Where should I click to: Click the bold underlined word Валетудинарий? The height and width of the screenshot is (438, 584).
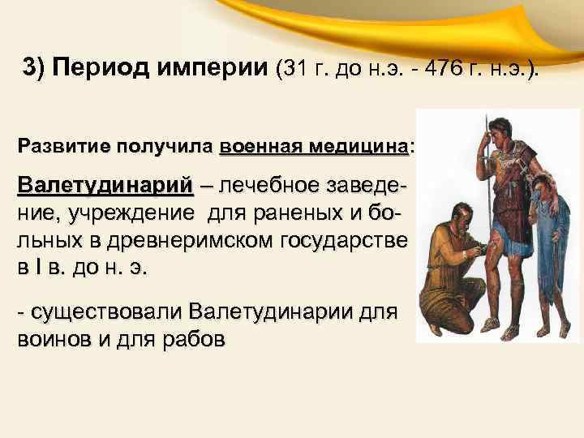(x=105, y=184)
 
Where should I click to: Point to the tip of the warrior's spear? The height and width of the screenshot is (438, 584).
(x=483, y=121)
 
